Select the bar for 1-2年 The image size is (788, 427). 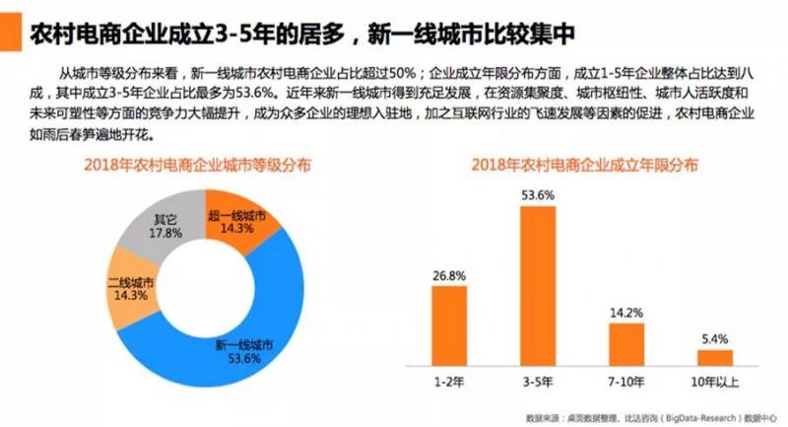(448, 325)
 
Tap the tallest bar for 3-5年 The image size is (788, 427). (538, 286)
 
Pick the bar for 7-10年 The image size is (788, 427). (626, 343)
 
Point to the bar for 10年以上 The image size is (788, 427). (715, 357)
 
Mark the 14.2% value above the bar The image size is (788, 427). (626, 314)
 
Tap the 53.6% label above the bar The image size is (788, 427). (538, 195)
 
